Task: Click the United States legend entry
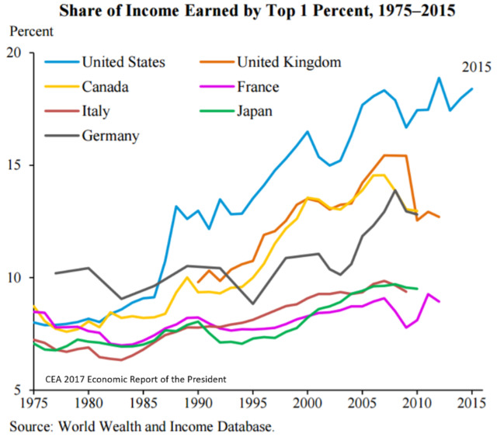tap(123, 61)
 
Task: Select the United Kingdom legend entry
tap(288, 61)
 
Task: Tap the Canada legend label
tap(106, 86)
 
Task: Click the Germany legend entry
tap(109, 136)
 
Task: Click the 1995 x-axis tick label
tap(253, 403)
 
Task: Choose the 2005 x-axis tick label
tap(362, 403)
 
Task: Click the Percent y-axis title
tap(31, 33)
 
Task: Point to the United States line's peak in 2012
tap(440, 78)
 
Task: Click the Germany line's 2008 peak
tap(395, 190)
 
